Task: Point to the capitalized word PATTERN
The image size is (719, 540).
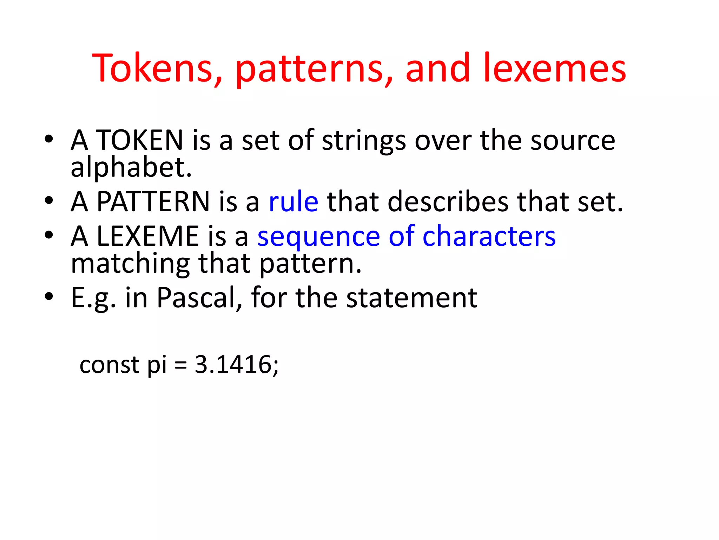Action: [153, 201]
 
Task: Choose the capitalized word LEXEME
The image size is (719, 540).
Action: [147, 236]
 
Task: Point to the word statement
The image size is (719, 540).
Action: [411, 298]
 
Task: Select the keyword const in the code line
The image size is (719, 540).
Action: [110, 365]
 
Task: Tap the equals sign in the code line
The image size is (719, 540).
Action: [180, 365]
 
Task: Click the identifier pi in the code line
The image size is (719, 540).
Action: [157, 366]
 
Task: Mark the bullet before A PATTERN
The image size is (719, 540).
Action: [49, 200]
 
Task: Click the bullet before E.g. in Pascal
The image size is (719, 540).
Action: [49, 296]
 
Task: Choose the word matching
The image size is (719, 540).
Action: [130, 264]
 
